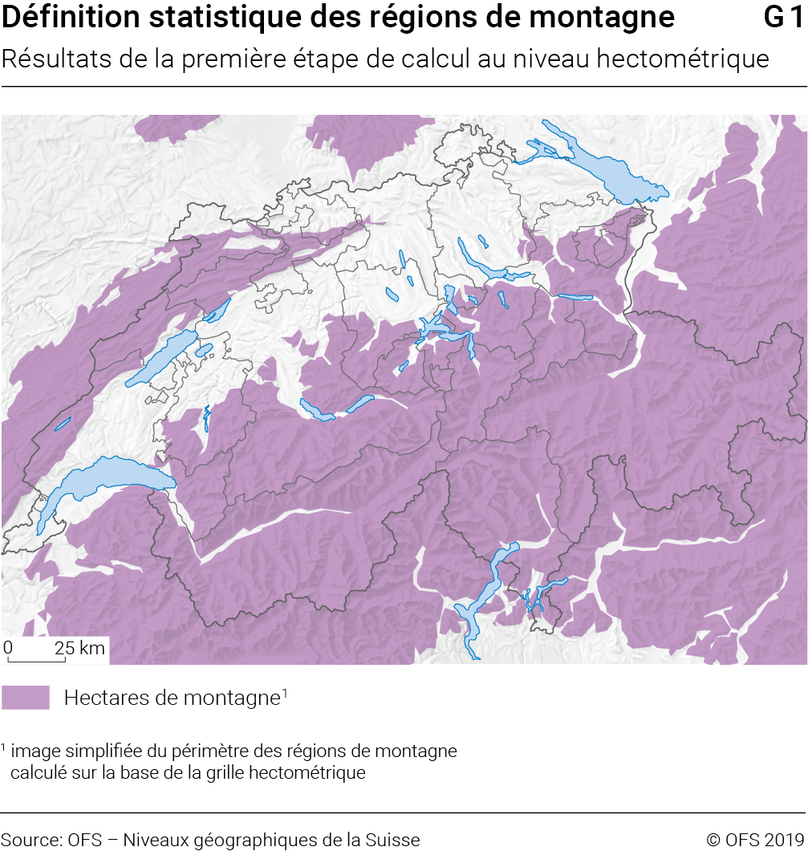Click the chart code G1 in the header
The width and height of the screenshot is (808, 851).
pyautogui.click(x=783, y=17)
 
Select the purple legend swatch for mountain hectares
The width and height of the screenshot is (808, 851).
pyautogui.click(x=26, y=698)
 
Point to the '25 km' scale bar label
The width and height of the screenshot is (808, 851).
pyautogui.click(x=79, y=648)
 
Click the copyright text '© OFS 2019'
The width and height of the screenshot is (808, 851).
pyautogui.click(x=755, y=840)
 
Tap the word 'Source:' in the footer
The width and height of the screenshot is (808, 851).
pyautogui.click(x=31, y=840)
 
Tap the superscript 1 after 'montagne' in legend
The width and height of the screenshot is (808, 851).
pyautogui.click(x=284, y=692)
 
